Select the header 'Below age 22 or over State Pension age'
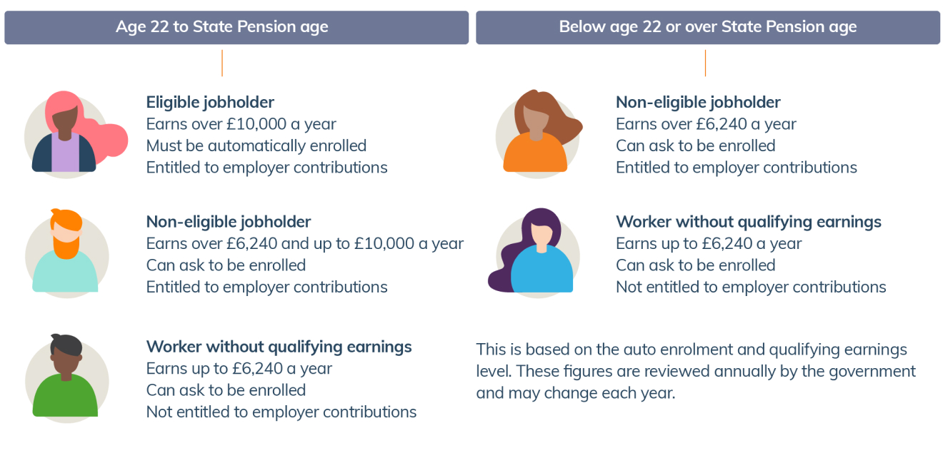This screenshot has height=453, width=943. pos(708,27)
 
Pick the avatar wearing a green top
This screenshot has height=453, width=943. pos(66,378)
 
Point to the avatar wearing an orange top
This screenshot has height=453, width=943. pos(538,133)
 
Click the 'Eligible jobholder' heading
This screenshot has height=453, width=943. pos(210,102)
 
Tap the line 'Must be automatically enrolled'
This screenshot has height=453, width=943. pos(256,146)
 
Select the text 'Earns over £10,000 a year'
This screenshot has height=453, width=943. pos(241,124)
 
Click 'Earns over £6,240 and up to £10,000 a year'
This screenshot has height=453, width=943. pos(305,243)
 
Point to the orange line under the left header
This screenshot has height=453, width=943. pos(222,63)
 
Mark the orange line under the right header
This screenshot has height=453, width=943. pos(705,63)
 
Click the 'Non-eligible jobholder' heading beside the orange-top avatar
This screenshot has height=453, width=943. pos(698,102)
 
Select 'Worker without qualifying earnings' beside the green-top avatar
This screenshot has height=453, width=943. pos(279,347)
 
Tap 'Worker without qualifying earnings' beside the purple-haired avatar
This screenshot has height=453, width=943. pos(749,222)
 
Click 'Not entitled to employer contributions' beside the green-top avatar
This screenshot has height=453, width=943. pos(281,412)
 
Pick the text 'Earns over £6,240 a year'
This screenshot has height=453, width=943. pos(706,124)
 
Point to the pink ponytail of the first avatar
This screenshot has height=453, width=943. pos(110,138)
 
